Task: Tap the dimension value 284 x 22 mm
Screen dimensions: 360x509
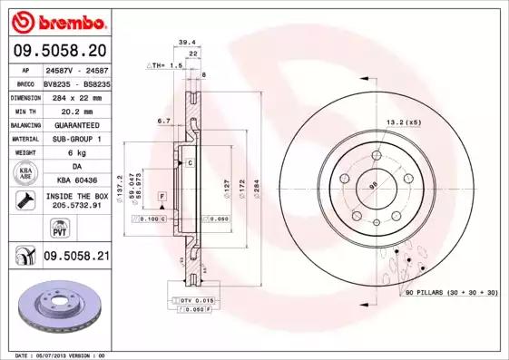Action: coord(76,95)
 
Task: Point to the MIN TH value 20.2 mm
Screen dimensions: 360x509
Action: coord(76,110)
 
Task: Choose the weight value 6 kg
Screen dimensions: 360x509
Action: coord(76,153)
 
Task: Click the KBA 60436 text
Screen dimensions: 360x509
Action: coord(76,181)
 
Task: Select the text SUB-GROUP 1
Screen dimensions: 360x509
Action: coord(76,139)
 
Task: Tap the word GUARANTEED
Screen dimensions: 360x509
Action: coord(76,124)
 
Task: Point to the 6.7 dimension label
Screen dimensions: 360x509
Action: coord(164,120)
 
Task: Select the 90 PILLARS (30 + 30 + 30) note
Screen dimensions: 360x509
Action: coord(450,295)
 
